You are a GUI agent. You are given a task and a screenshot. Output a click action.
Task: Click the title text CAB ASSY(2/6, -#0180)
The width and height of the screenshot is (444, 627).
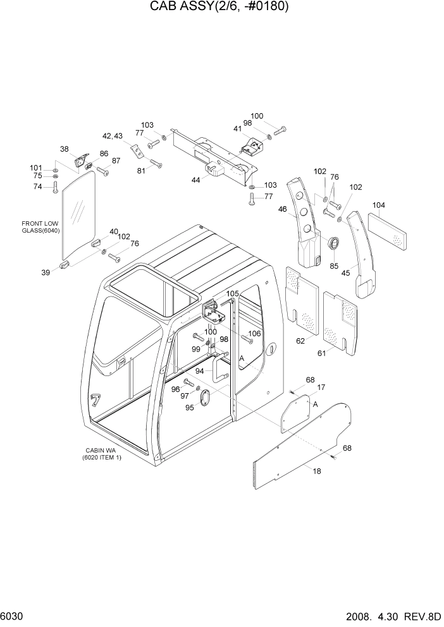click(x=219, y=7)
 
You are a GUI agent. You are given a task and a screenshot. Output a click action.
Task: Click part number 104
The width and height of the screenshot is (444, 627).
click(x=378, y=205)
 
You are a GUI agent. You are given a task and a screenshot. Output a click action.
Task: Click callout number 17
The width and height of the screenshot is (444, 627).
click(x=321, y=387)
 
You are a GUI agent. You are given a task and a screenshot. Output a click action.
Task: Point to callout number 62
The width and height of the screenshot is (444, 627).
click(x=300, y=341)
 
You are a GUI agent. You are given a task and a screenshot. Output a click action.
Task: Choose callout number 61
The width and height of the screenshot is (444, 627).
click(x=321, y=353)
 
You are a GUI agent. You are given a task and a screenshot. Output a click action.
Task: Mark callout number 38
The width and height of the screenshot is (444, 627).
click(x=64, y=149)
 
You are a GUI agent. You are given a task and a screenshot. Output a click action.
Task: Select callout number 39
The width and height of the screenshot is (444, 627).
click(x=45, y=272)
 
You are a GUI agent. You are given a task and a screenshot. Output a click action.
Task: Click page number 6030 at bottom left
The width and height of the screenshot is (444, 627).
click(x=14, y=616)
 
